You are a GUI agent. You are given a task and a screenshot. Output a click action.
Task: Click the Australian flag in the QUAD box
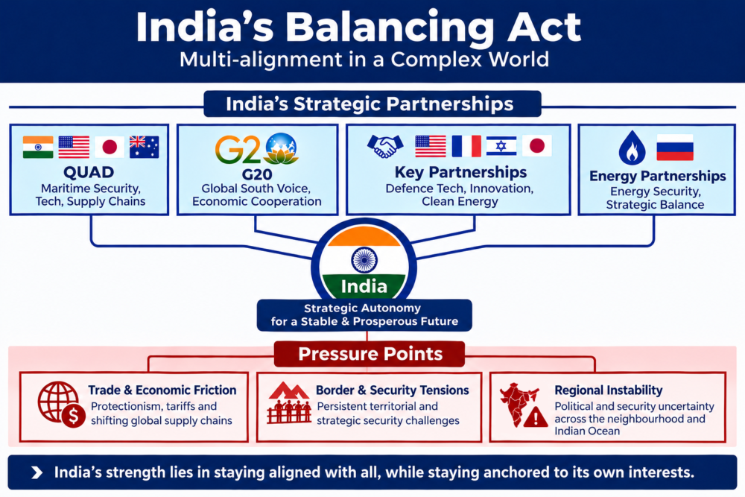coord(144,147)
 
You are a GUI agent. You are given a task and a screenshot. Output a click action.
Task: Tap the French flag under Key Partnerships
coord(466,146)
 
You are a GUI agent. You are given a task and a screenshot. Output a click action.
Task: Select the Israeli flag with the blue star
coord(501,146)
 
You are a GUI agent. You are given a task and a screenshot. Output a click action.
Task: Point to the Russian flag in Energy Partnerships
coord(675,147)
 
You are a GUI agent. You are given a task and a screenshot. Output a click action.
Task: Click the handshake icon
coord(385,146)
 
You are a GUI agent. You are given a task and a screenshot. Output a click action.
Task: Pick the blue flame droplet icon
coord(632,148)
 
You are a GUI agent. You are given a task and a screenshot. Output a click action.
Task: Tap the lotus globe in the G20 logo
coord(282,148)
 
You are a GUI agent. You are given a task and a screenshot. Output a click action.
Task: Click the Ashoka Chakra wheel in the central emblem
coord(364,260)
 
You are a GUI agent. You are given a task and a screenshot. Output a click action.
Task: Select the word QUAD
coord(89,172)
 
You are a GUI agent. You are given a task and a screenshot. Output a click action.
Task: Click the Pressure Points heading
coord(370,354)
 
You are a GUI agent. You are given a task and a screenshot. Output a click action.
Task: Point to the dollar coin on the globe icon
coord(73,417)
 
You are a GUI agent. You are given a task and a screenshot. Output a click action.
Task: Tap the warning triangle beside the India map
coord(536,417)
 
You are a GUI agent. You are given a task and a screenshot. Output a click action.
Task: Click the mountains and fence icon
coord(289,402)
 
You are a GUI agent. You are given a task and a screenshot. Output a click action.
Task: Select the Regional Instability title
coord(608,390)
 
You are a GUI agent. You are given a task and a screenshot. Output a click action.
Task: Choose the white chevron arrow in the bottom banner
coord(37,472)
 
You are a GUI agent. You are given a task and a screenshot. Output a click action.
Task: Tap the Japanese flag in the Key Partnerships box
coord(537,146)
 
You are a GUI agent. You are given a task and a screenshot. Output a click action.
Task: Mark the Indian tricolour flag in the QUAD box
coord(38,147)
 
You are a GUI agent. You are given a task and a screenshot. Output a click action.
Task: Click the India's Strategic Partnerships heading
coord(370,104)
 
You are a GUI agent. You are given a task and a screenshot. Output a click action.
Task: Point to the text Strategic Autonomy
coord(363,308)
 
